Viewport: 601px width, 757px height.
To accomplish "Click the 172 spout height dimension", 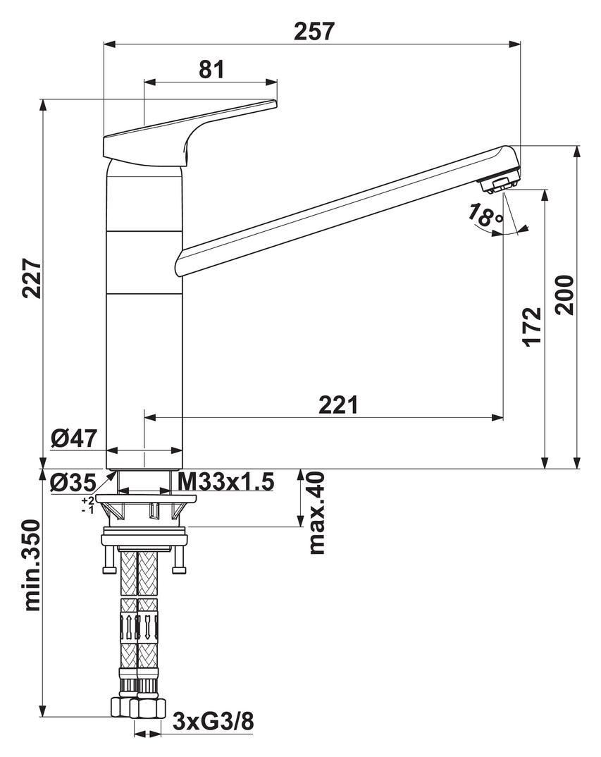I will click(x=533, y=326).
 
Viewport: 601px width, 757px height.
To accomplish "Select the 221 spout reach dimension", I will click(x=338, y=405).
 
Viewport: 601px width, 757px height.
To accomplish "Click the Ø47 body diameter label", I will click(x=73, y=438).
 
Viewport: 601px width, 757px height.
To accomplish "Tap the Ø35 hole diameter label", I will click(x=73, y=483).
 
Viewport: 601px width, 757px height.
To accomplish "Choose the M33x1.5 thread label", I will click(x=225, y=482).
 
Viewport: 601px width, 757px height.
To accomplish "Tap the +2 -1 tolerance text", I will click(x=87, y=505).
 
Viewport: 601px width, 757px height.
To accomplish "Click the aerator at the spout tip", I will click(x=497, y=185).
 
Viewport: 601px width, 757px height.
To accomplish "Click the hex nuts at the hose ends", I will click(x=137, y=707).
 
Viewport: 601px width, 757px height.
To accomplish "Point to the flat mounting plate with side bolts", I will click(x=144, y=540).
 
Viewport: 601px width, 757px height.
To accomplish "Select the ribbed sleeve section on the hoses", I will click(x=137, y=624).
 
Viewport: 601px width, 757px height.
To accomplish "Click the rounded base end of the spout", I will click(x=180, y=263).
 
